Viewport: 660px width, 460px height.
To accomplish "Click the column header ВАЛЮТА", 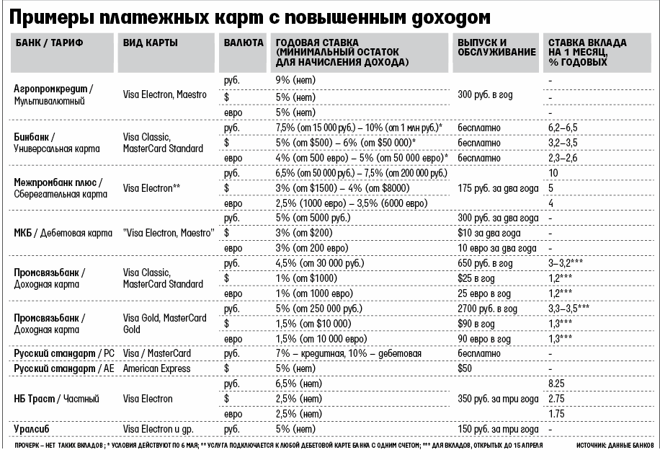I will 244,43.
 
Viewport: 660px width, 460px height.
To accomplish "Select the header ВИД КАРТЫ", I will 150,43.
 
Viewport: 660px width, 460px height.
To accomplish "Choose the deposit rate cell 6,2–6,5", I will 563,127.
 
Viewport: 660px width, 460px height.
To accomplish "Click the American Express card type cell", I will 156,368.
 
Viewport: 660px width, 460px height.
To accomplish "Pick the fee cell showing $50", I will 466,368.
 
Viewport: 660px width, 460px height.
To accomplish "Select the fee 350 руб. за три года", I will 497,399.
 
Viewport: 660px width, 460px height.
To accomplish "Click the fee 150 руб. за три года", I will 496,429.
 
